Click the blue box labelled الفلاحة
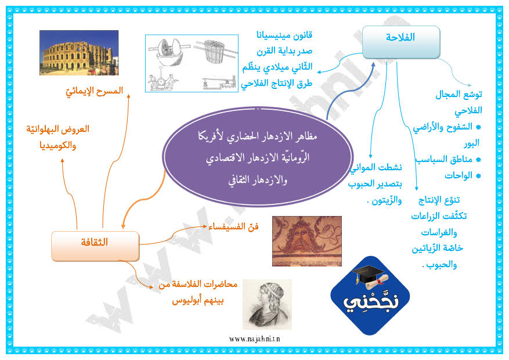click(401, 42)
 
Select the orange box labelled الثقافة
click(95, 246)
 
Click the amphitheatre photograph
click(79, 53)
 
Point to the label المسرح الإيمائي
click(95, 91)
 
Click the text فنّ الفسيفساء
click(233, 226)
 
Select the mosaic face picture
click(307, 241)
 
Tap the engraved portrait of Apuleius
click(267, 304)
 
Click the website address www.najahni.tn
click(254, 339)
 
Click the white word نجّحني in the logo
click(371, 301)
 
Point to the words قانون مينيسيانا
click(284, 35)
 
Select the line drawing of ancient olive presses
click(192, 63)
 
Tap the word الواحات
click(459, 175)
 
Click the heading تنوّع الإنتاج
click(439, 200)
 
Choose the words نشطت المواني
click(376, 167)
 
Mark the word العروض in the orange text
click(76, 129)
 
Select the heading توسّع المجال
click(459, 95)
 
